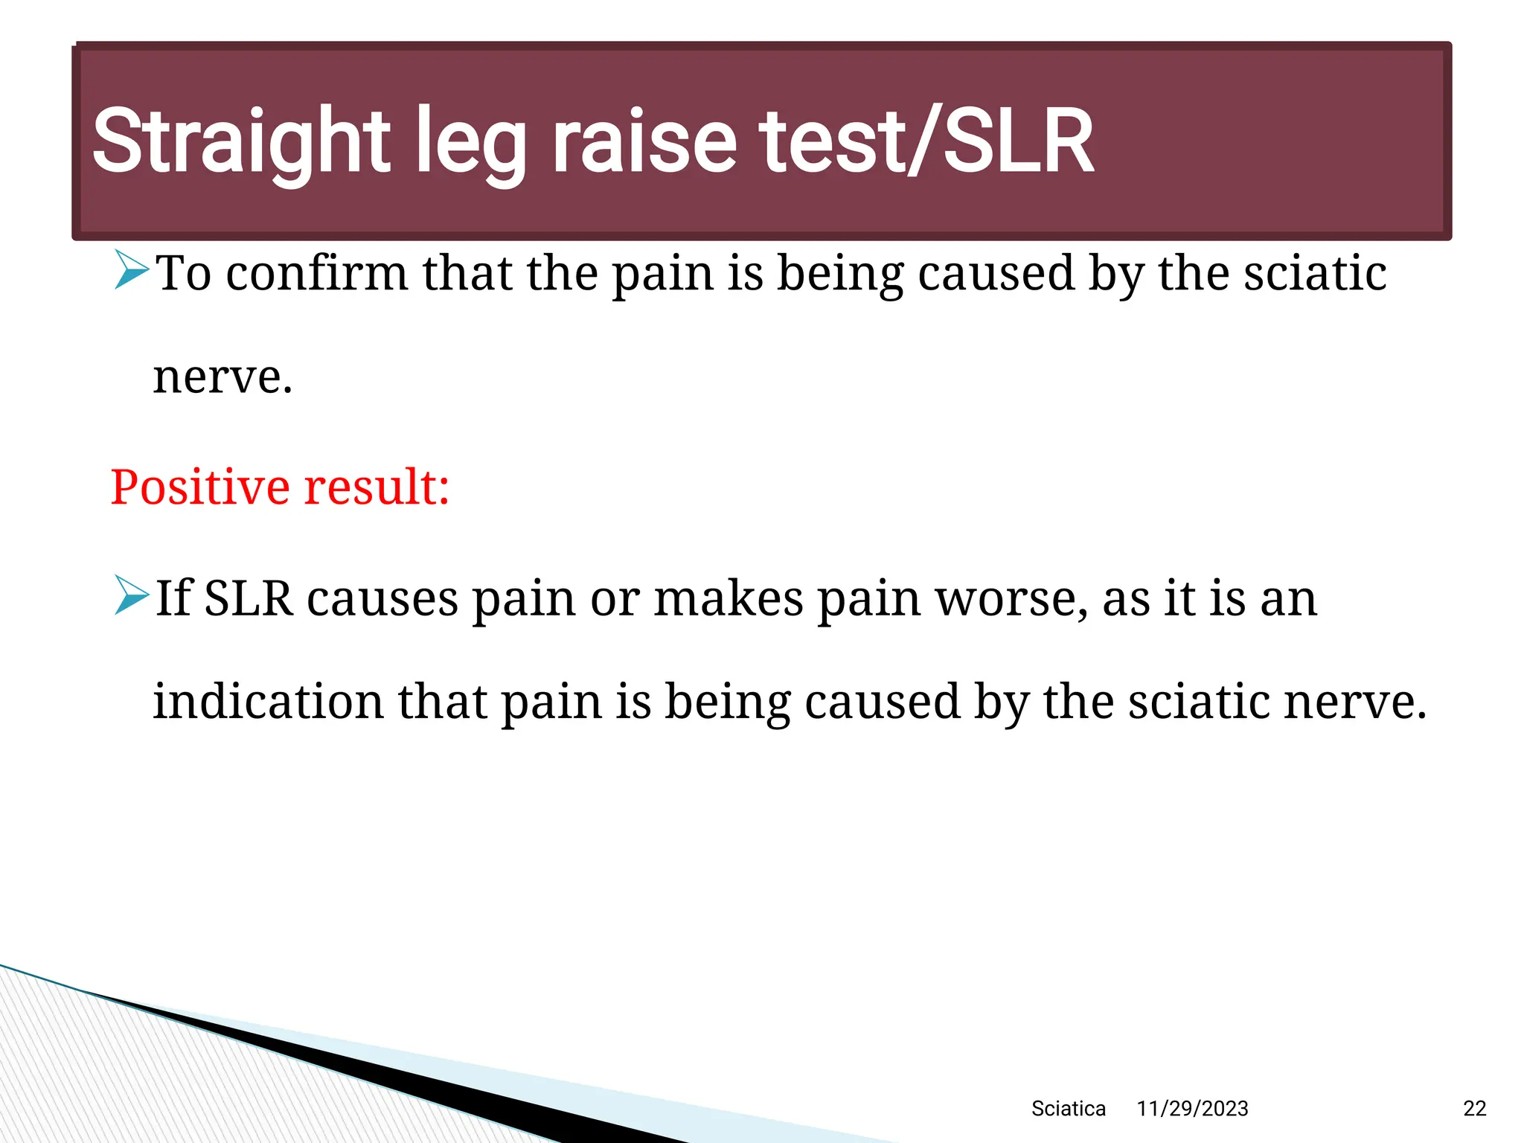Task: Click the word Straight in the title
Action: point(240,141)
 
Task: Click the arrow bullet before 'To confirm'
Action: point(132,270)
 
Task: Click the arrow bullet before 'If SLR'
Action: point(132,595)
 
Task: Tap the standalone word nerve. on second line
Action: point(222,377)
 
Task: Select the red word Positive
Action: point(199,487)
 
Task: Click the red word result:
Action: point(377,487)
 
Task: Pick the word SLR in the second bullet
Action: point(248,598)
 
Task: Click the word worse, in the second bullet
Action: point(1011,599)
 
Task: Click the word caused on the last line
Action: point(883,701)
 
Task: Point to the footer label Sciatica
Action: point(1068,1109)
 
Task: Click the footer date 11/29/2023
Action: point(1192,1109)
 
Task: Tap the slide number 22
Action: point(1474,1109)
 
